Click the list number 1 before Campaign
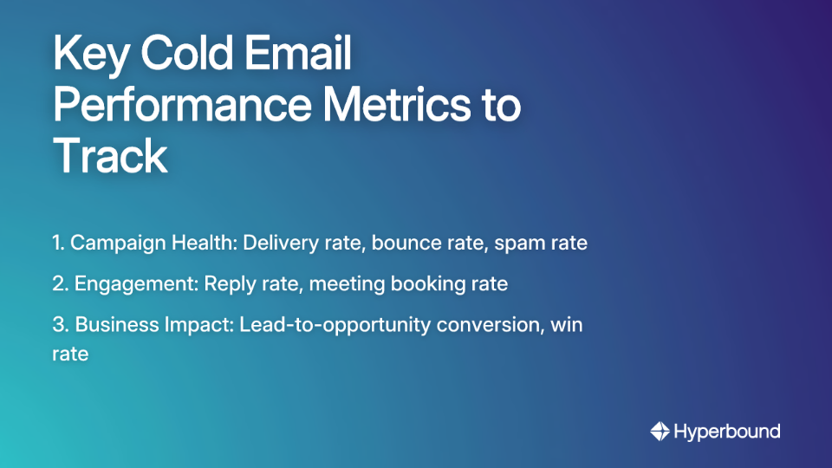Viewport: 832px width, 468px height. click(57, 244)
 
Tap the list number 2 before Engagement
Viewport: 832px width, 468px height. click(59, 283)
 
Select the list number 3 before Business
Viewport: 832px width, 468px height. click(59, 324)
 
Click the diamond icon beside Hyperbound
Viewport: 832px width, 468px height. click(660, 431)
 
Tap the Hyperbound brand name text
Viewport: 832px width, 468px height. click(727, 431)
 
